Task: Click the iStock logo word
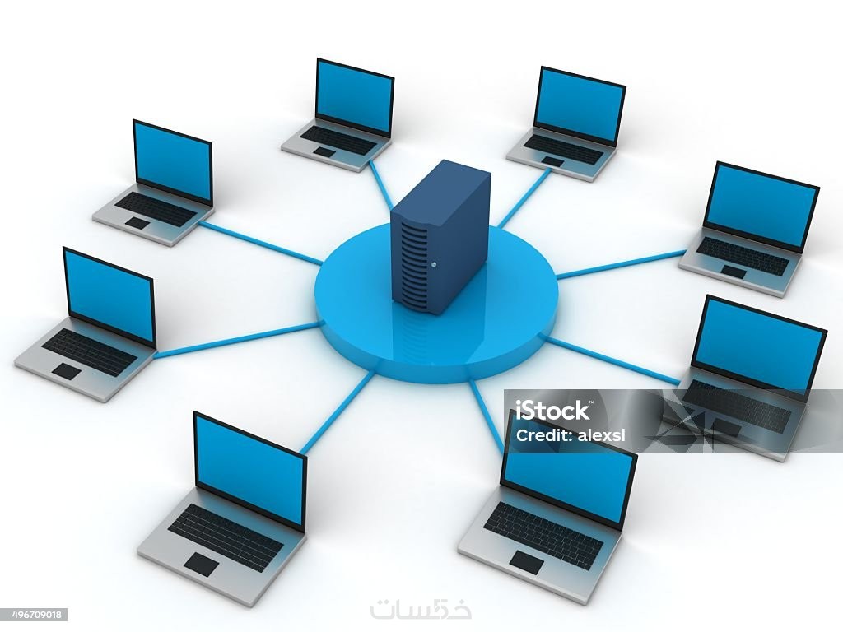coord(552,411)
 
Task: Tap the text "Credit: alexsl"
coord(571,435)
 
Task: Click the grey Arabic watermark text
coord(421,609)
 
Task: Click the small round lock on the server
coord(433,264)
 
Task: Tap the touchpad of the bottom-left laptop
coord(202,565)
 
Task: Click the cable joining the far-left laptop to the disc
coord(236,340)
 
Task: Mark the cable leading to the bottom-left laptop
coord(338,412)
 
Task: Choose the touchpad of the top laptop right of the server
coord(552,160)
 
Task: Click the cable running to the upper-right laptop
coord(621,264)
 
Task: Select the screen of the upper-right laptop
coord(760,206)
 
